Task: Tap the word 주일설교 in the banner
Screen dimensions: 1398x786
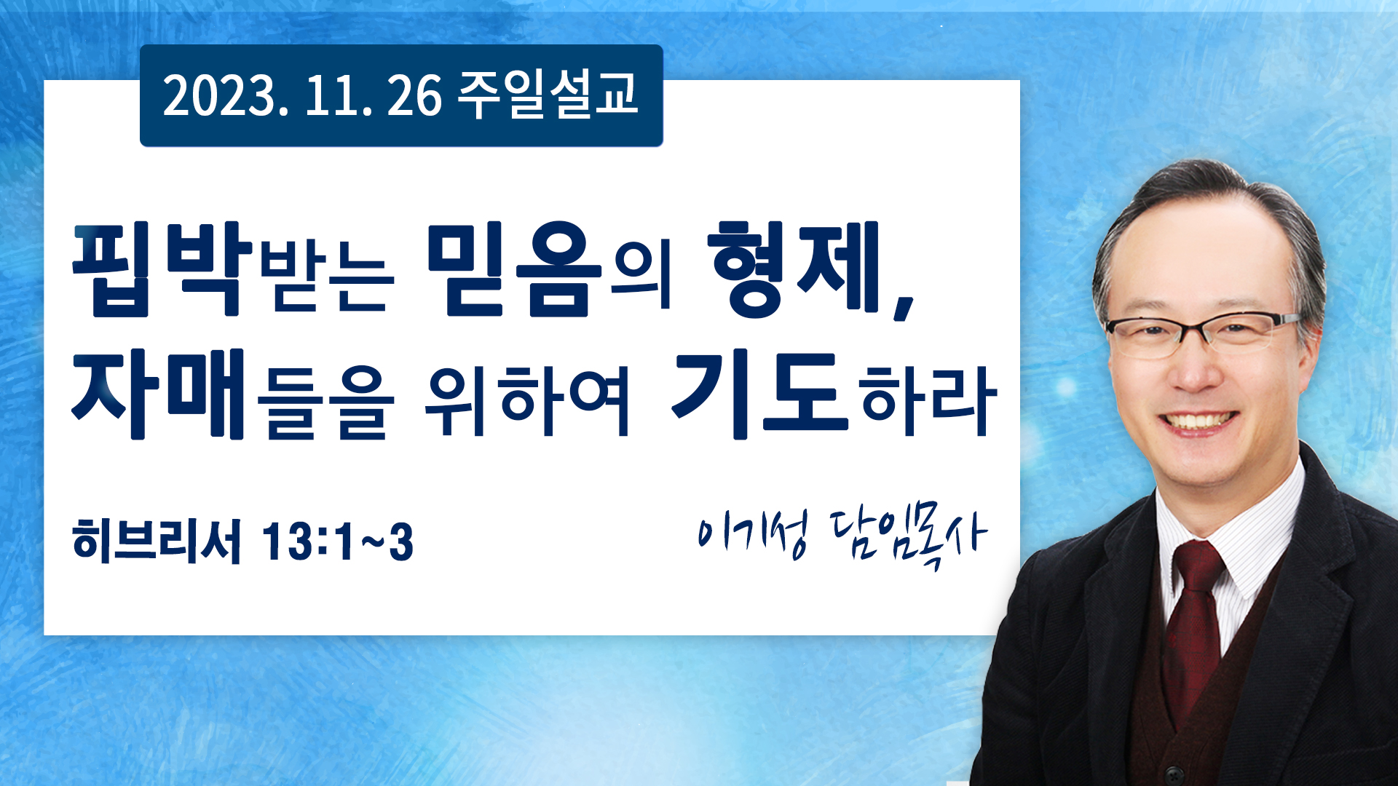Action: (x=548, y=95)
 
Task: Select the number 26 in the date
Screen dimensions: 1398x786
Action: (x=414, y=95)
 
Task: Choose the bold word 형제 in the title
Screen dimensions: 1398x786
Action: (x=795, y=269)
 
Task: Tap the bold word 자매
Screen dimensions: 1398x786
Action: (x=157, y=394)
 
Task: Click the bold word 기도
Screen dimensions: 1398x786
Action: (x=760, y=394)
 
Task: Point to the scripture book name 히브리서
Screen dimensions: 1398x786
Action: (x=157, y=541)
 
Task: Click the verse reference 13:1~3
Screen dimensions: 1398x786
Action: (x=338, y=542)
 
